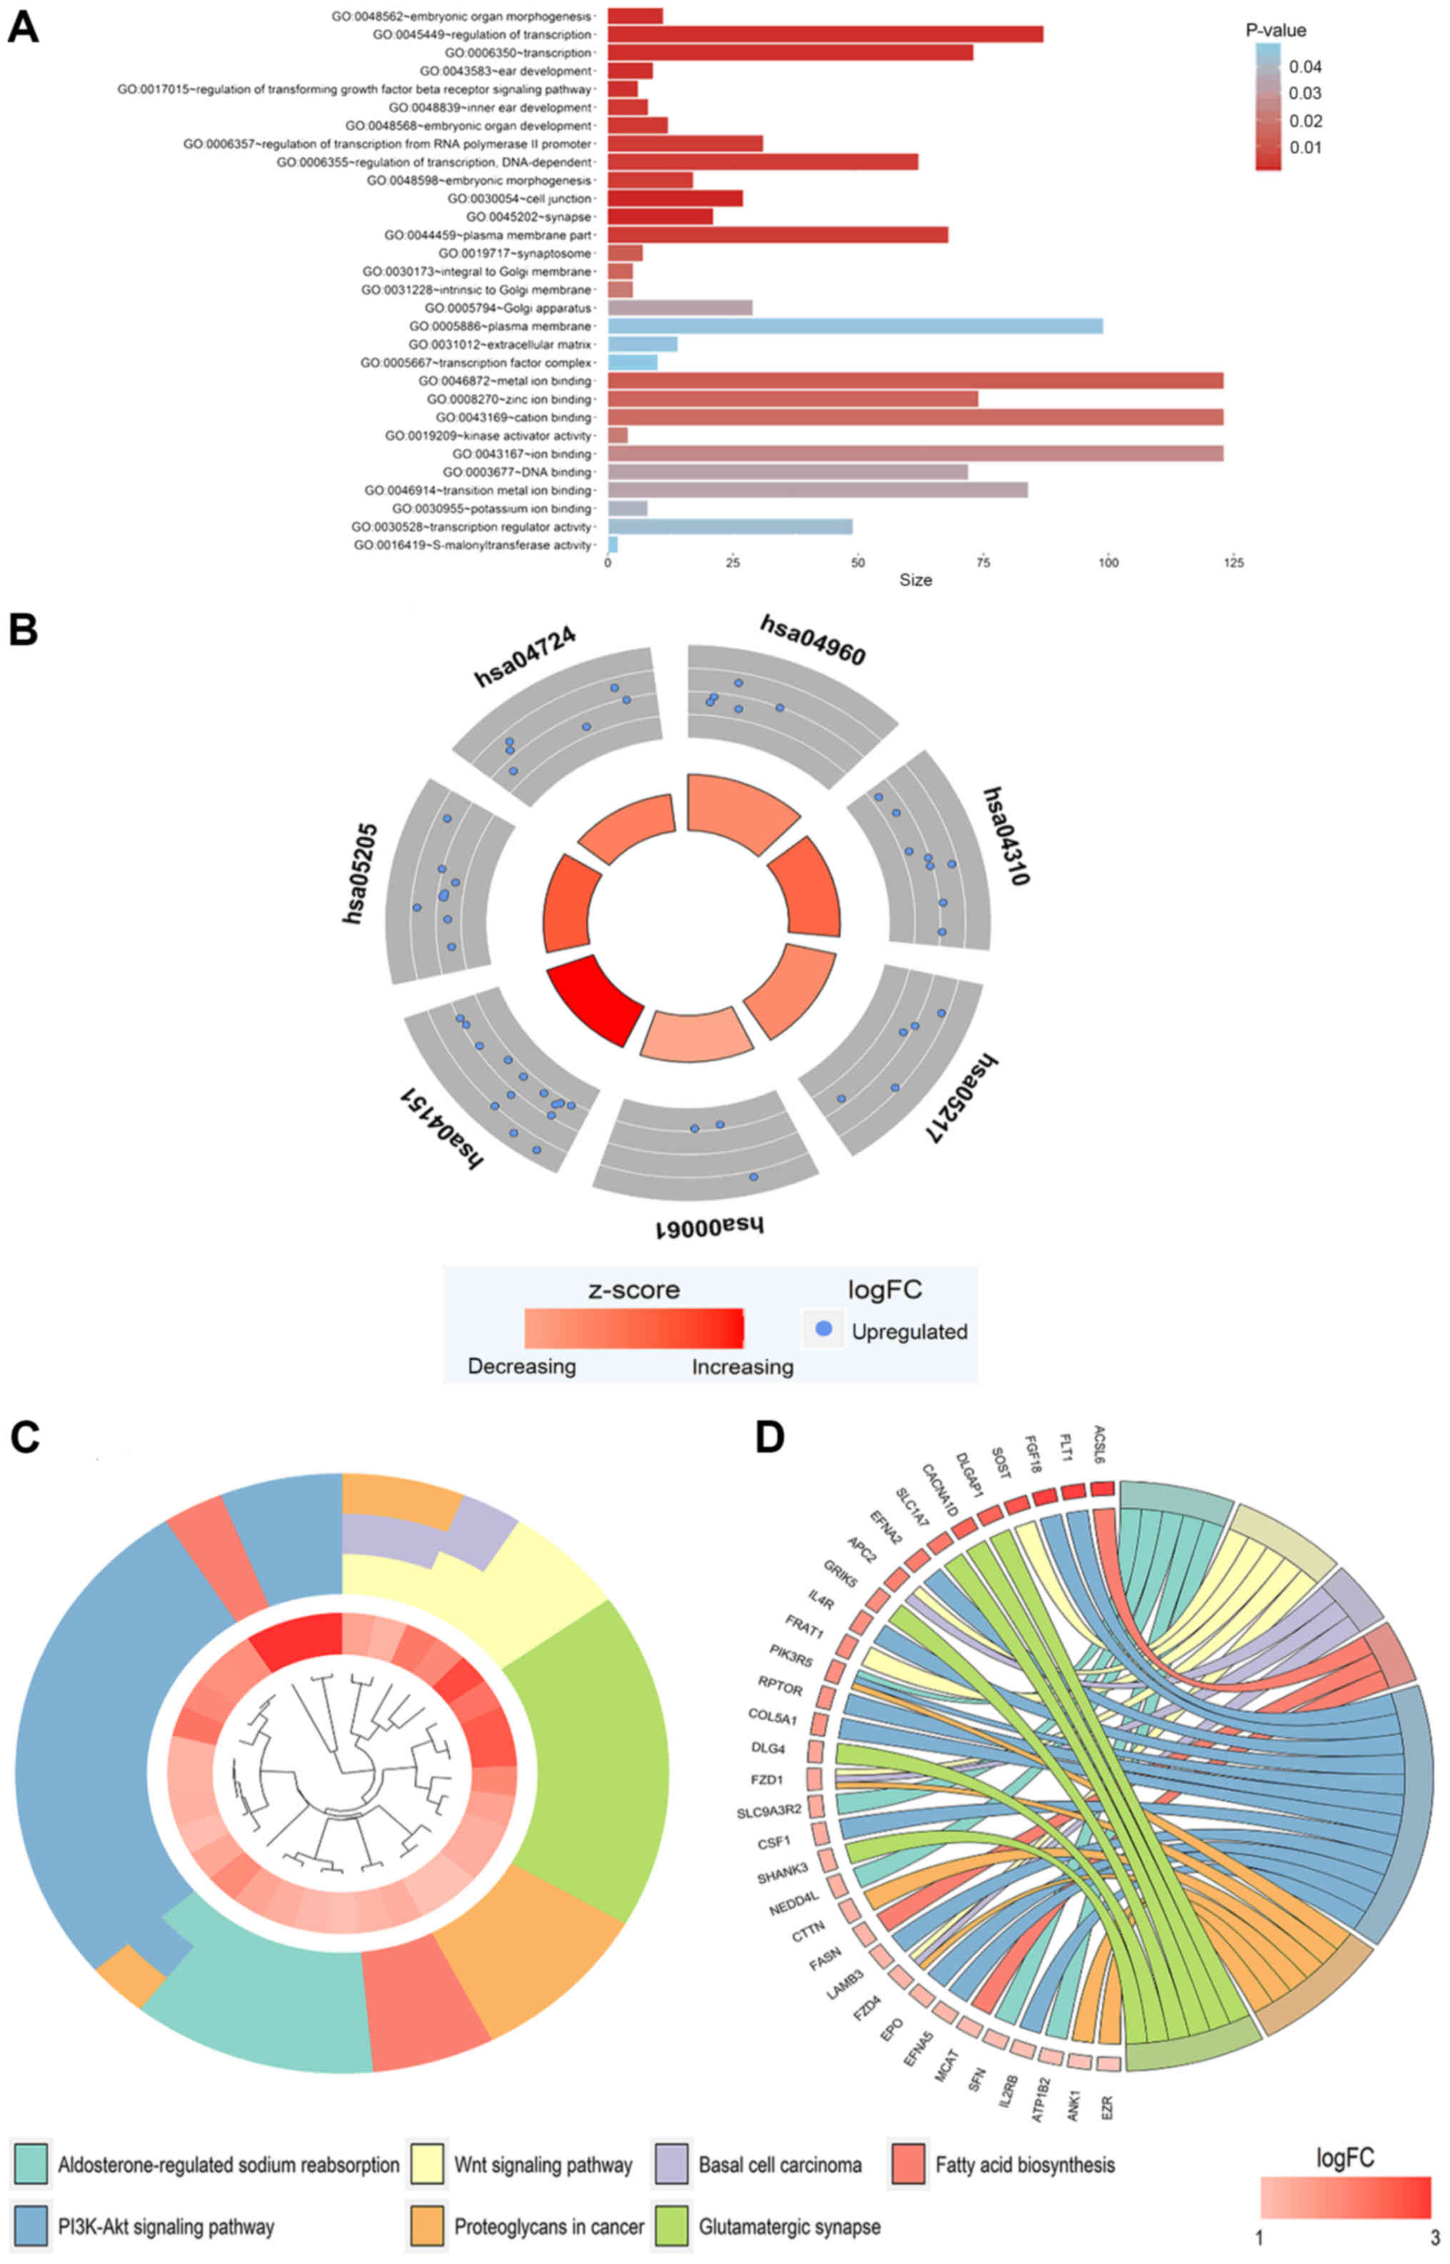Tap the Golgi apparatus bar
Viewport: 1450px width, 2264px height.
pyautogui.click(x=680, y=308)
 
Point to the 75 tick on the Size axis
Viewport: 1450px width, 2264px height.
pyautogui.click(x=983, y=563)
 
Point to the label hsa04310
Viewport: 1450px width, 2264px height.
pyautogui.click(x=1007, y=836)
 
